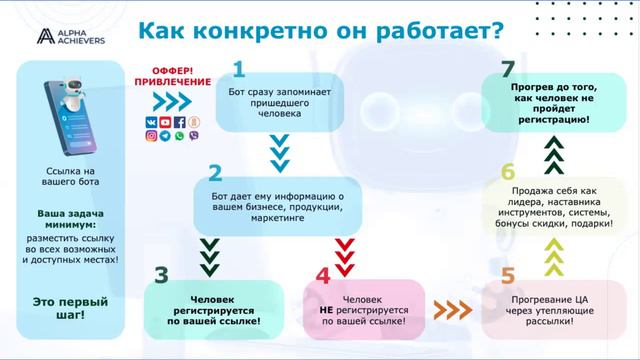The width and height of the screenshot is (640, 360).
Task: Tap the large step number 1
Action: [239, 69]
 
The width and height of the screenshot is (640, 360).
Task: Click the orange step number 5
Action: [508, 273]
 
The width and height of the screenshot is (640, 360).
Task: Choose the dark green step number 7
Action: [508, 69]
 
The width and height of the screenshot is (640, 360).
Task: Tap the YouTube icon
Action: [165, 122]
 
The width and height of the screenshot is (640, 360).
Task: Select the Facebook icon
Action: [180, 122]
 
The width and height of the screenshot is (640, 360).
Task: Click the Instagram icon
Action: [152, 136]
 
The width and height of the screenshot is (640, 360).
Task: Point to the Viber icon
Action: [193, 136]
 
